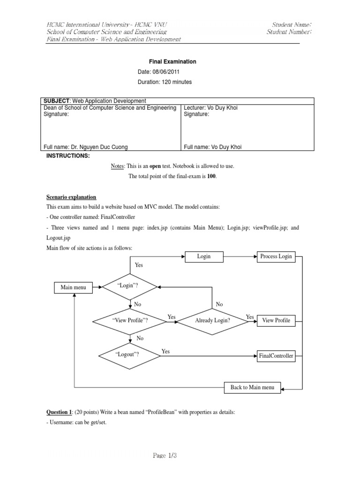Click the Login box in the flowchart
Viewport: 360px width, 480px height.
pyautogui.click(x=204, y=256)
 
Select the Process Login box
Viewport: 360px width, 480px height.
pyautogui.click(x=276, y=256)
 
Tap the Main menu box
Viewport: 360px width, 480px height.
pyautogui.click(x=73, y=287)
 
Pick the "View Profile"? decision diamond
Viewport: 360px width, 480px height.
pyautogui.click(x=130, y=321)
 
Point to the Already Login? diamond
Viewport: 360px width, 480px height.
pyautogui.click(x=212, y=321)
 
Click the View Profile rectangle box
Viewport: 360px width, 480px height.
pyautogui.click(x=276, y=321)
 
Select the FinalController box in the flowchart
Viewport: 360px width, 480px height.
pyautogui.click(x=276, y=356)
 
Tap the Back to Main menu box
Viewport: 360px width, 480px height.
pyautogui.click(x=252, y=388)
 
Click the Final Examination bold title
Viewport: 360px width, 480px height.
pyautogui.click(x=172, y=61)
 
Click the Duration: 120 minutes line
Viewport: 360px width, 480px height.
pyautogui.click(x=165, y=82)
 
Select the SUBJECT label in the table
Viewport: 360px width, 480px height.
pyautogui.click(x=56, y=101)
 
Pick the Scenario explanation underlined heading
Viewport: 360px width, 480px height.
pyautogui.click(x=71, y=197)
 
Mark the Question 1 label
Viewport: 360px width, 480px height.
pyautogui.click(x=59, y=412)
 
